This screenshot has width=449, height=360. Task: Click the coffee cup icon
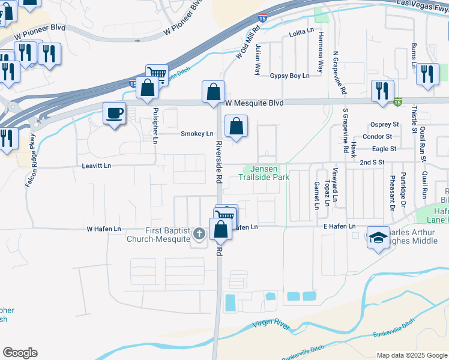(115, 113)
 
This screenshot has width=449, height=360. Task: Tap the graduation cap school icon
(378, 238)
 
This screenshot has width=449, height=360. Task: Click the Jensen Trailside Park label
(264, 173)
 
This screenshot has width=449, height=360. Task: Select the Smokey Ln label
(197, 134)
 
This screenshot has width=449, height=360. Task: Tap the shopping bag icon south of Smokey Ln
(237, 126)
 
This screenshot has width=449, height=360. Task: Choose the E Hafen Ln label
(340, 226)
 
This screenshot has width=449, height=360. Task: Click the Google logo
(20, 353)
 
